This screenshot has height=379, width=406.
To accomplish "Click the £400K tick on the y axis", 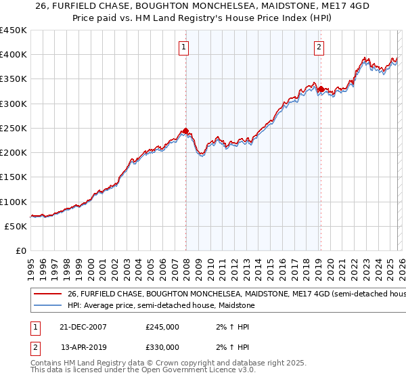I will point(14,55).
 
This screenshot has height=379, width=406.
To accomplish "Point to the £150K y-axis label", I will point(14,177).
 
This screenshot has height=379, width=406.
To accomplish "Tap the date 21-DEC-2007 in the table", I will point(84,327).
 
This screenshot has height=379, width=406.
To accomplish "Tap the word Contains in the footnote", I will point(46,363).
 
